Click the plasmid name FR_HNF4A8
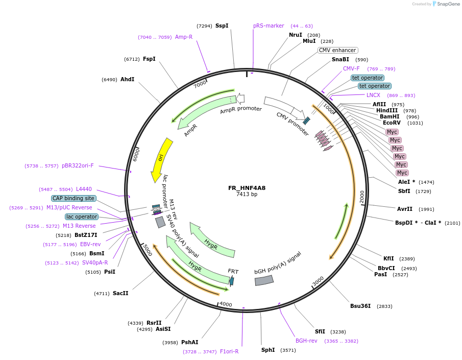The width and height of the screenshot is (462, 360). click(x=247, y=188)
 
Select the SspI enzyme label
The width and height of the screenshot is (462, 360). click(x=222, y=26)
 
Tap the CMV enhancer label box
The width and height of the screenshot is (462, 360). click(x=337, y=50)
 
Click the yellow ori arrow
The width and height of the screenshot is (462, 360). click(x=160, y=159)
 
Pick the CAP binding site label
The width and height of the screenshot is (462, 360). click(x=74, y=198)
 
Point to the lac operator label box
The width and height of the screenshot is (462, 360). click(x=81, y=217)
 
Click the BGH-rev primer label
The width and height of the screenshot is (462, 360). click(x=306, y=341)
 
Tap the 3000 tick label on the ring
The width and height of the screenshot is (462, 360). click(x=318, y=281)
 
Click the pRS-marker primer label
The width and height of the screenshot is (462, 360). click(x=269, y=26)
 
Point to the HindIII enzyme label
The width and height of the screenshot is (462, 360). click(x=387, y=110)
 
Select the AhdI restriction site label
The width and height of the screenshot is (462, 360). click(x=127, y=79)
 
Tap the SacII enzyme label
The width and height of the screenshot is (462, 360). click(x=120, y=293)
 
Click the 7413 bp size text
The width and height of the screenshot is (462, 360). click(x=247, y=195)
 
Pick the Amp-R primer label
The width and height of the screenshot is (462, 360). click(x=184, y=37)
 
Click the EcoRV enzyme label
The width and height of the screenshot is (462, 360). click(x=392, y=123)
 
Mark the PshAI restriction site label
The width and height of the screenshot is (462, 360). click(x=189, y=342)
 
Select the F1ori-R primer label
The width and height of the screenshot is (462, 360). click(x=229, y=351)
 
